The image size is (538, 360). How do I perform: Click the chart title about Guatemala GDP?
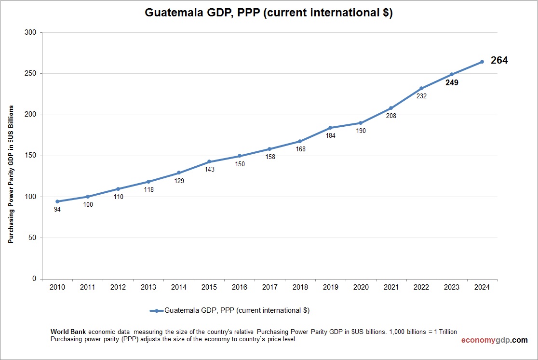[269, 13]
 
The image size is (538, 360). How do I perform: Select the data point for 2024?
[482, 62]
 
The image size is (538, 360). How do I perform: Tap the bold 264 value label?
[499, 61]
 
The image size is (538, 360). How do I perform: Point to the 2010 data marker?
[57, 201]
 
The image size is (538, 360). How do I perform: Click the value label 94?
[57, 210]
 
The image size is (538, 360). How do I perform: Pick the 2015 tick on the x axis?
[209, 287]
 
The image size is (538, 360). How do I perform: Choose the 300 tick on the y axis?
[30, 33]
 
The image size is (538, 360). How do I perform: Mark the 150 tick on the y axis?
[30, 156]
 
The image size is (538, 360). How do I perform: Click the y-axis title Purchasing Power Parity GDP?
[11, 174]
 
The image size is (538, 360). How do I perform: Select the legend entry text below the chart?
[237, 311]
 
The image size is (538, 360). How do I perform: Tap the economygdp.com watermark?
[494, 340]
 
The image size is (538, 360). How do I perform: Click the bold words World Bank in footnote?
[68, 332]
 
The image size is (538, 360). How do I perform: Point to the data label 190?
[360, 131]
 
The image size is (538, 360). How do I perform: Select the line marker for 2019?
[330, 128]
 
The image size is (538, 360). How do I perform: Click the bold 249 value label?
[452, 83]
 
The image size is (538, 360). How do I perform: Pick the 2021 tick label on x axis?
[391, 287]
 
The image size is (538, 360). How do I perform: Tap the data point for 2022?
[421, 88]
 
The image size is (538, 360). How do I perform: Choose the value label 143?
[209, 170]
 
